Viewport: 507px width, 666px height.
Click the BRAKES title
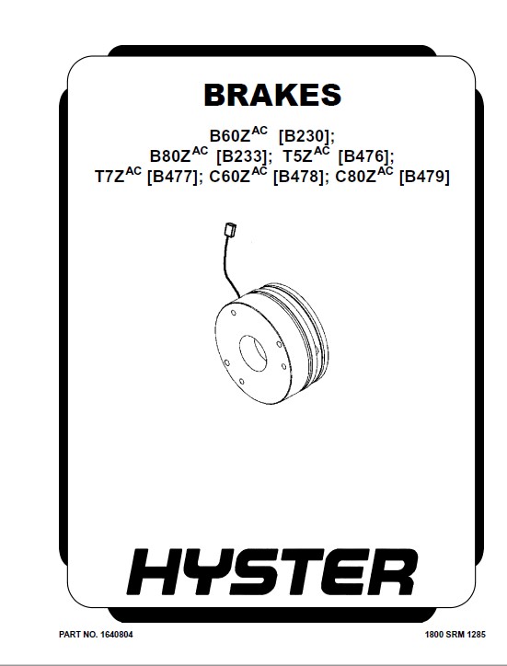(x=272, y=95)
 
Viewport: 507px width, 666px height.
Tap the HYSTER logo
(x=272, y=571)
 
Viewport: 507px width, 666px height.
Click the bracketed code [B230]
(x=306, y=136)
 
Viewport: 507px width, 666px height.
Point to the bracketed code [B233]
(x=245, y=156)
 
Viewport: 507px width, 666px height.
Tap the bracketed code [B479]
(x=424, y=177)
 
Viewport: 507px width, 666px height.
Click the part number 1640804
(x=117, y=635)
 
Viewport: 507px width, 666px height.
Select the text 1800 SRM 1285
(x=455, y=635)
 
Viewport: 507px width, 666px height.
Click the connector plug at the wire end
(x=230, y=229)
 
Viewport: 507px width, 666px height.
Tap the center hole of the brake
(x=253, y=351)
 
